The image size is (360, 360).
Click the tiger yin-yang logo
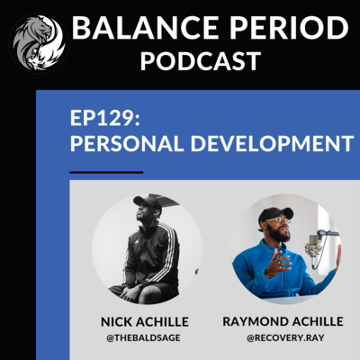(39, 42)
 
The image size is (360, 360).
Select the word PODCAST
(201, 61)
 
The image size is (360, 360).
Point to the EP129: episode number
(105, 118)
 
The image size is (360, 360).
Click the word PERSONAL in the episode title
(127, 143)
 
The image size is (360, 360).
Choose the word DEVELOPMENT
(273, 143)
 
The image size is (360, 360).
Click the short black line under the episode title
(106, 172)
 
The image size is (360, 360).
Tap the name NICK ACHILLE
(145, 322)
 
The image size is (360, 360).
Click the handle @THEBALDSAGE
(143, 337)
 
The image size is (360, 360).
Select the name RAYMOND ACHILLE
(283, 321)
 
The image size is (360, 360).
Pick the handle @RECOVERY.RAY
(285, 337)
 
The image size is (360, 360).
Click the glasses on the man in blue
(278, 220)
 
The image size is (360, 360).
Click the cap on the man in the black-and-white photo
(148, 202)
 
